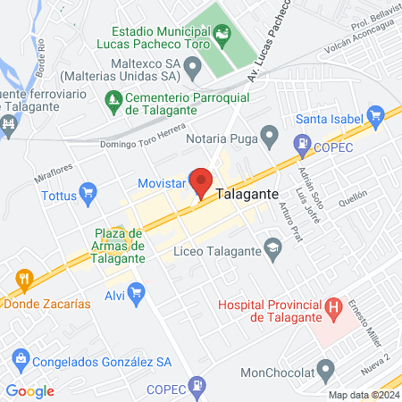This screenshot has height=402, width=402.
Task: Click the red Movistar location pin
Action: pyautogui.click(x=201, y=181)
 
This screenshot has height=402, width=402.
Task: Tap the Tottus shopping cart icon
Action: pyautogui.click(x=88, y=191)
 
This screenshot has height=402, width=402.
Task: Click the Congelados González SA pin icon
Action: pyautogui.click(x=16, y=363)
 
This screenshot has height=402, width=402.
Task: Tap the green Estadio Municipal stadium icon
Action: pyautogui.click(x=222, y=35)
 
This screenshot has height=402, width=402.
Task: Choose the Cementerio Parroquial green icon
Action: pyautogui.click(x=113, y=98)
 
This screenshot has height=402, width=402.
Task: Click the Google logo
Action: pyautogui.click(x=29, y=391)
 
